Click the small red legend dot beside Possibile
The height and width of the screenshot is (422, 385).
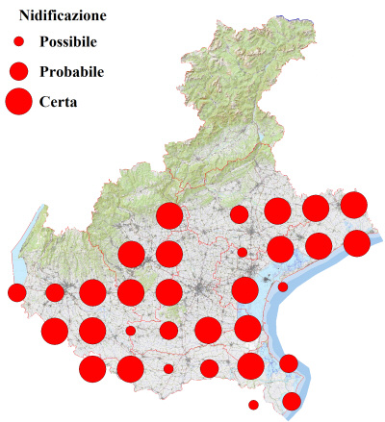coord(18,42)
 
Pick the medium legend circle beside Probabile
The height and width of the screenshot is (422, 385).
coord(18,71)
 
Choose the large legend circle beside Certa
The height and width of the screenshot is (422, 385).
coord(18,100)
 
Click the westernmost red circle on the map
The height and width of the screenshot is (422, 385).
coord(16,292)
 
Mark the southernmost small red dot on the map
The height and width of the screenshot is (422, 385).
coord(253,405)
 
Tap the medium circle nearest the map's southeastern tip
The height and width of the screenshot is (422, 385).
coord(291,401)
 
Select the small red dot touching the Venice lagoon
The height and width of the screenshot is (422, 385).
coord(283,286)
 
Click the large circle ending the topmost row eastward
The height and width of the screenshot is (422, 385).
coord(354,205)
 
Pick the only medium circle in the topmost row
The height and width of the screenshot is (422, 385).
coord(239,213)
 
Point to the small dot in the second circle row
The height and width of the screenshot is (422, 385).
coord(243,253)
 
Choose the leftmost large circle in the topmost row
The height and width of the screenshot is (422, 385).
coord(169,216)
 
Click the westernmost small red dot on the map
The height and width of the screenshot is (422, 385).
coord(130,331)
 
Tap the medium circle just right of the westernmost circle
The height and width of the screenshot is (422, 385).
coord(55,292)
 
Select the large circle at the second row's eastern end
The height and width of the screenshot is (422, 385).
coord(357,243)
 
